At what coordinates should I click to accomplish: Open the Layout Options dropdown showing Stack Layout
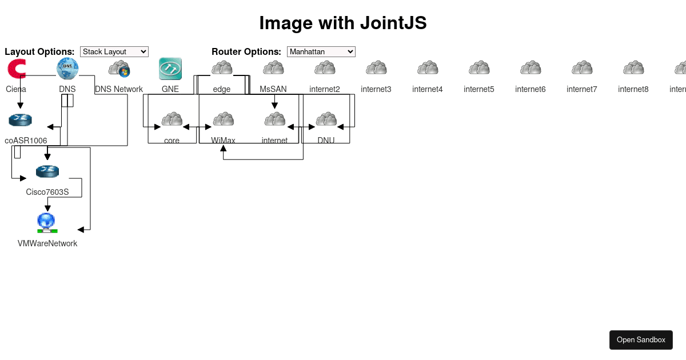click(114, 51)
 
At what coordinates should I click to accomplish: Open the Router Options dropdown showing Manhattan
click(321, 51)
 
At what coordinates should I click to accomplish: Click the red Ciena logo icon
click(17, 69)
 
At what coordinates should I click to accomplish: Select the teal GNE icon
click(170, 69)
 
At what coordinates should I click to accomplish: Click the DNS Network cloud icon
click(119, 69)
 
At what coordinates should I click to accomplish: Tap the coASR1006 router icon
click(21, 120)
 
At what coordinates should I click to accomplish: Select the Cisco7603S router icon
click(47, 171)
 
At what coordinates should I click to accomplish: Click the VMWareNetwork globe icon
click(47, 222)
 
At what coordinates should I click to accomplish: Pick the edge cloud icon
click(222, 69)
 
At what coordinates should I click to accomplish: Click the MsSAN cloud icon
click(273, 69)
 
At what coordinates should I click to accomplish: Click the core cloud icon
click(171, 120)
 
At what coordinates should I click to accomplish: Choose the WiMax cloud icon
click(223, 120)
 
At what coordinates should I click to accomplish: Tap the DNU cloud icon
click(326, 120)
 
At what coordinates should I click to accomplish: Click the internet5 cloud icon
click(479, 69)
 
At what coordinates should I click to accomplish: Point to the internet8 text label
click(633, 89)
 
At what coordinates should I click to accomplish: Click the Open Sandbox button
click(641, 339)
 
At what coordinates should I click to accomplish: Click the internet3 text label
click(376, 89)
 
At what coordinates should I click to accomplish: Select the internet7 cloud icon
click(582, 69)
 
